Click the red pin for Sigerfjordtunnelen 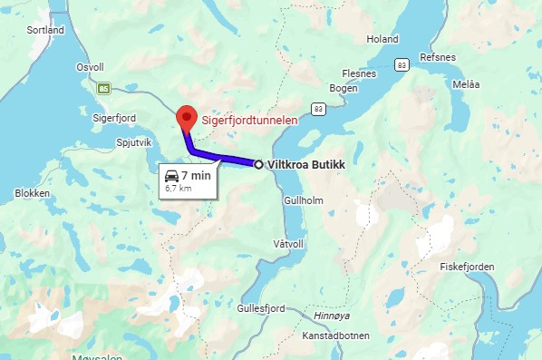tap(187, 117)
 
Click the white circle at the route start tap(259, 164)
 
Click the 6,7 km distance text tap(179, 189)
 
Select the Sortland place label tap(45, 30)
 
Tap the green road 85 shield tap(105, 88)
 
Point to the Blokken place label tap(33, 193)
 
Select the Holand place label tap(382, 39)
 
